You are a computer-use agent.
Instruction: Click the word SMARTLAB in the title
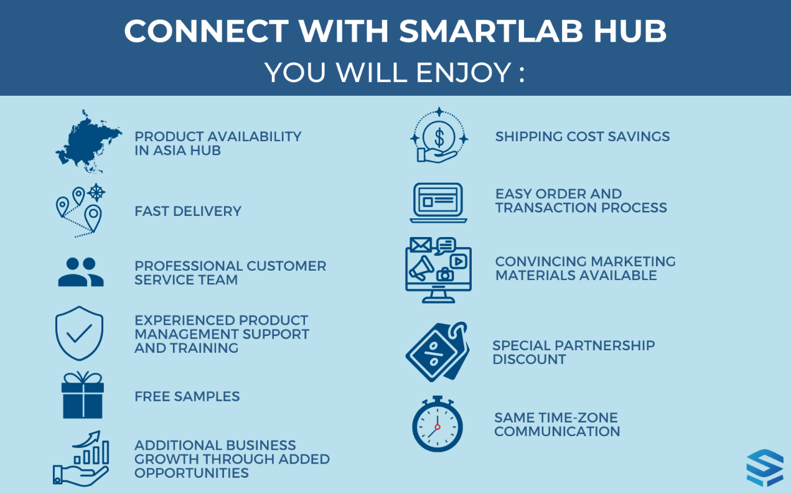[x=491, y=31]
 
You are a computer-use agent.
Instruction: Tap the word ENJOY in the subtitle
[x=463, y=72]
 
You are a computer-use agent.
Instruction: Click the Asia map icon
[x=88, y=142]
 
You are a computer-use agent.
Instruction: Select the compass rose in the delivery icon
[x=96, y=192]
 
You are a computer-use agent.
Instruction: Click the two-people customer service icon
[x=81, y=271]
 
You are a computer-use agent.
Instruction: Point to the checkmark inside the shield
[x=80, y=333]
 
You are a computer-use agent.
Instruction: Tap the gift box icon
[x=83, y=395]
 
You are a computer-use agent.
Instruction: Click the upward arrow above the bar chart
[x=87, y=439]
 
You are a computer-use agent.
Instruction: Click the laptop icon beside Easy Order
[x=438, y=203]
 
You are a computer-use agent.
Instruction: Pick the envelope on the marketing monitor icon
[x=421, y=245]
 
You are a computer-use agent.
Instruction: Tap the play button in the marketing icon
[x=458, y=261]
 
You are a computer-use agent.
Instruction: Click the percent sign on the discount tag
[x=431, y=353]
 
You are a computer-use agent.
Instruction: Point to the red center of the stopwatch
[x=438, y=427]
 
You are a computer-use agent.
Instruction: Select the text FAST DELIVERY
[x=188, y=211]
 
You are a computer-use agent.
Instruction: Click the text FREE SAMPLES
[x=187, y=396]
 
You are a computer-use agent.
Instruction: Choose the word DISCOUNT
[x=529, y=360]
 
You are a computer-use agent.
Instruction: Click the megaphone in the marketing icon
[x=421, y=268]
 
